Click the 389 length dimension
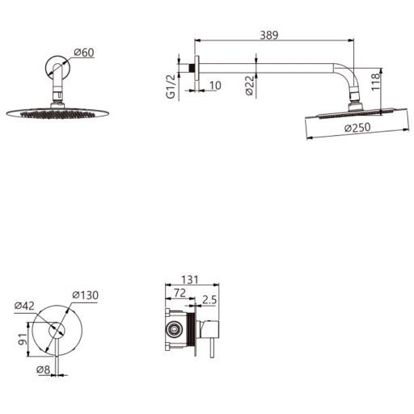pos(269,35)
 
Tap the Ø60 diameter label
pos(84,53)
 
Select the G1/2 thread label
pos(171,87)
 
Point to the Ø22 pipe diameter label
pos(250,85)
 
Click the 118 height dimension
pos(375,82)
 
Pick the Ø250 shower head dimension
pos(357,128)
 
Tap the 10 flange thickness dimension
pos(215,86)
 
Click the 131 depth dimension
pos(190,280)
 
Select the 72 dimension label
pos(180,293)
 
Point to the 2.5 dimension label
pos(209,300)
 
